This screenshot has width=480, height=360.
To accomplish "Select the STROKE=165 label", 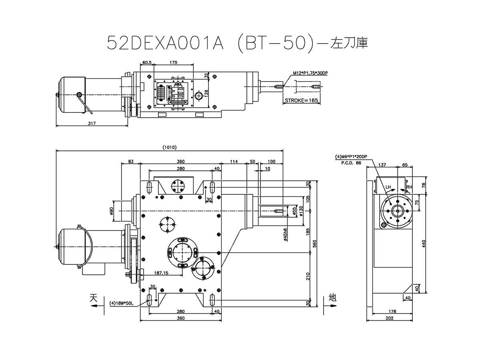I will point(301,100).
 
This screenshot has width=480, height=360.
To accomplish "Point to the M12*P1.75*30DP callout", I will point(307,73).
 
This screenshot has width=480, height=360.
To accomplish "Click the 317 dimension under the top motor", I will point(91,124).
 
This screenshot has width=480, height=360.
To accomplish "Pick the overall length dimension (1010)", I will point(170,148).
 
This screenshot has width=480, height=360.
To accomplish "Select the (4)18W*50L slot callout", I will point(122,303).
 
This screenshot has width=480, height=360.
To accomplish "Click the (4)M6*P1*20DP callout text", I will point(351,156).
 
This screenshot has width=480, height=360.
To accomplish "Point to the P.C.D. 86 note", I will point(351,163).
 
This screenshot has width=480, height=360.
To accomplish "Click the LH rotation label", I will point(388,187).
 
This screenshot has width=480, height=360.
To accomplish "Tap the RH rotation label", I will point(409,187).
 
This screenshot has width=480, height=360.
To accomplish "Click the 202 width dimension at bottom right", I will point(390,318).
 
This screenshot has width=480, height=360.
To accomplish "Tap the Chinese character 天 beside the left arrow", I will point(94,298).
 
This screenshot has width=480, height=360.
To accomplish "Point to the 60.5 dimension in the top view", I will point(147,63).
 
